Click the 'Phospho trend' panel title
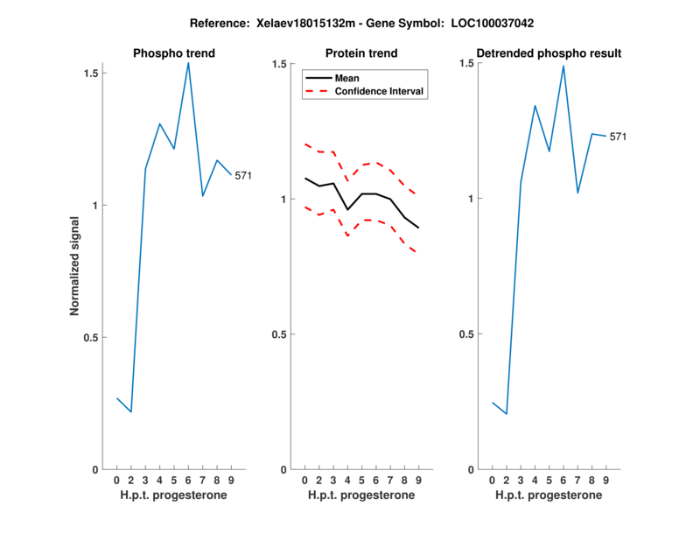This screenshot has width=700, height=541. [174, 53]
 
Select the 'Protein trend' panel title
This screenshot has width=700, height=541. [362, 53]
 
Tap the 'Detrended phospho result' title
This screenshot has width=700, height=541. [549, 53]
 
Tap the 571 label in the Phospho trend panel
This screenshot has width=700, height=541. [243, 176]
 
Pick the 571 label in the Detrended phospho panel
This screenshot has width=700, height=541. [618, 137]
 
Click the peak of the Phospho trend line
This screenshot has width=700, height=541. [188, 63]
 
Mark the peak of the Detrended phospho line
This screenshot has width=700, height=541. [563, 66]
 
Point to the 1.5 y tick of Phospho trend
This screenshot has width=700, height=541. [91, 73]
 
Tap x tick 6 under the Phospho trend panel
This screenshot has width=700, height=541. [188, 480]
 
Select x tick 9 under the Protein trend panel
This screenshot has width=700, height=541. [419, 480]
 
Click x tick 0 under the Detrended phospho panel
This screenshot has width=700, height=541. [492, 480]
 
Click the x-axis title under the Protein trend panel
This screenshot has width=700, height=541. [361, 495]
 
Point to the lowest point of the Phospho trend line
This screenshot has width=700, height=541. [131, 411]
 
